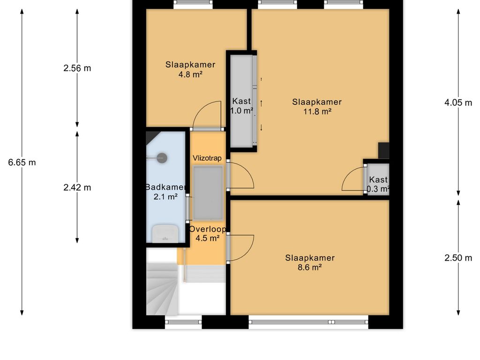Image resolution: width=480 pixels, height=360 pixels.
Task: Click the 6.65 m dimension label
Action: (x=22, y=162)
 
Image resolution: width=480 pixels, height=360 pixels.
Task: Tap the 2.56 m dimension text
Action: (x=77, y=68)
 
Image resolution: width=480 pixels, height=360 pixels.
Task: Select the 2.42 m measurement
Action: (x=77, y=187)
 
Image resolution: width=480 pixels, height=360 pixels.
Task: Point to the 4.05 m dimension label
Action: (x=458, y=103)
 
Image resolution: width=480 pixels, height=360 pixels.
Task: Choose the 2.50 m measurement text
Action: (x=458, y=258)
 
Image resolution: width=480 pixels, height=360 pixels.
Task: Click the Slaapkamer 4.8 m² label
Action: (x=190, y=69)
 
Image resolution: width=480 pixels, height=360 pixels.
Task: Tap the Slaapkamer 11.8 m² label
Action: (x=317, y=106)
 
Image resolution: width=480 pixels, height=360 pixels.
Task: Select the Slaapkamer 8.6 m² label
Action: (x=310, y=262)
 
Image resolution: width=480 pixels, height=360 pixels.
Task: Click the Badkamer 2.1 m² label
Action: (x=165, y=192)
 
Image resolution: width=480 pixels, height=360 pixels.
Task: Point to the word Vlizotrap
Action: (x=207, y=158)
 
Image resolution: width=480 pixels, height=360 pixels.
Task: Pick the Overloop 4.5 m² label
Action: (x=208, y=233)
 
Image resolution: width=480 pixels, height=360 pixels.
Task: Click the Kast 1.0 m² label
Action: (x=241, y=105)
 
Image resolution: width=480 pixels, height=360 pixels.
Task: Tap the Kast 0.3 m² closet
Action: (x=378, y=180)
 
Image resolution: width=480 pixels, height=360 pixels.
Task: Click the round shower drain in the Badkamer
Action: (x=162, y=158)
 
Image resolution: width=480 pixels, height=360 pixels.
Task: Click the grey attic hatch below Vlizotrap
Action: (x=208, y=193)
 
